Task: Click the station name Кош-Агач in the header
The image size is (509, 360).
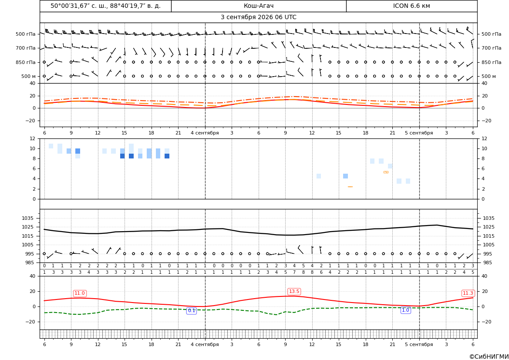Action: tap(258, 6)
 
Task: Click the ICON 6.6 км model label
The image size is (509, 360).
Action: tap(411, 6)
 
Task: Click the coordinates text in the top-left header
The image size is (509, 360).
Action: tap(105, 6)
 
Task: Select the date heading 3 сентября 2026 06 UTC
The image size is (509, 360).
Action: tap(258, 17)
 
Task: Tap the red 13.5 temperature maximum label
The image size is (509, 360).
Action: tap(294, 292)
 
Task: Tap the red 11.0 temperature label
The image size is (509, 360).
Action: tap(80, 293)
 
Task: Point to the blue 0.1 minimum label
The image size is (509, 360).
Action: tap(192, 311)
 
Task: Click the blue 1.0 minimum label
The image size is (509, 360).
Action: tap(405, 310)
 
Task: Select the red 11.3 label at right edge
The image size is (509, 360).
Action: tap(468, 293)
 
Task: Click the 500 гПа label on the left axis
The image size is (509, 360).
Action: tap(26, 34)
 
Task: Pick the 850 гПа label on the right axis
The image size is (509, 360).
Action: tap(492, 62)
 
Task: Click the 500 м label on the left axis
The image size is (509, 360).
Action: tap(29, 76)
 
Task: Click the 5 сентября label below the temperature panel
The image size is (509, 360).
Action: tap(419, 133)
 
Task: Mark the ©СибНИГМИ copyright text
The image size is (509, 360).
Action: tap(489, 357)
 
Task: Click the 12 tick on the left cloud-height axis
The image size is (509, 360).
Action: tap(33, 138)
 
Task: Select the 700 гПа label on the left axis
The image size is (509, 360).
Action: tap(26, 48)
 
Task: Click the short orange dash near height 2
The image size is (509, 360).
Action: tap(350, 187)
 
